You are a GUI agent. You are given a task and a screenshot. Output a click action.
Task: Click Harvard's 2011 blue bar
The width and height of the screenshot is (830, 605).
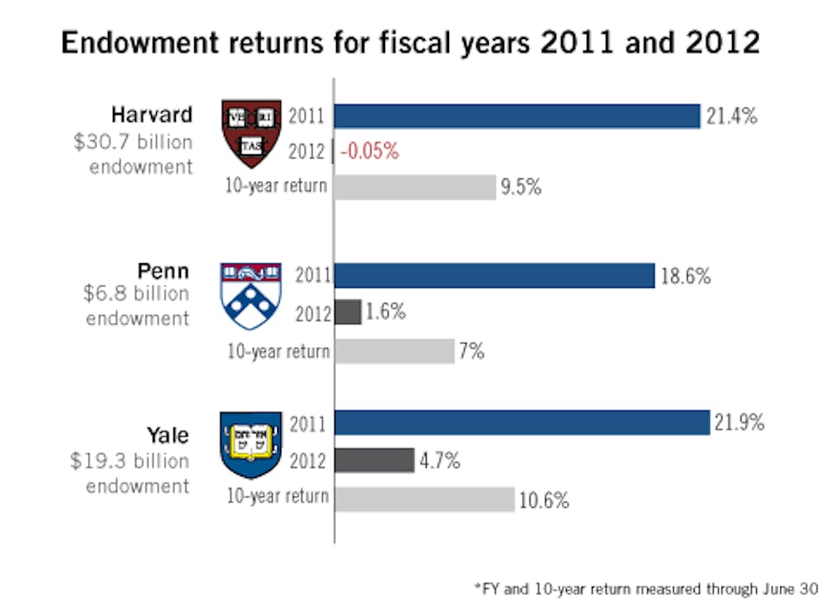click(x=517, y=116)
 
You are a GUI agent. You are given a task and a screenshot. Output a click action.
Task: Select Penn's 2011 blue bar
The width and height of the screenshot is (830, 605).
click(x=495, y=275)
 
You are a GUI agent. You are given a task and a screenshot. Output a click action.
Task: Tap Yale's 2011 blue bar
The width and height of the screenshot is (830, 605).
click(x=521, y=422)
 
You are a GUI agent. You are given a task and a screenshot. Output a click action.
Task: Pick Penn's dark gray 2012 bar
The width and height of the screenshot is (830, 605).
click(x=348, y=312)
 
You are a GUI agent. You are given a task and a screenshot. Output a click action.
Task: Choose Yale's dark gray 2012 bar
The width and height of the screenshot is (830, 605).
click(x=374, y=460)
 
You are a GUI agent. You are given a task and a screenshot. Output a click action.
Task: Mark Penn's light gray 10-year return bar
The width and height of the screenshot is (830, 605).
click(x=394, y=351)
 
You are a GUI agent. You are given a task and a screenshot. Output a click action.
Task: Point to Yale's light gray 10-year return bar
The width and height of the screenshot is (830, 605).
click(x=424, y=499)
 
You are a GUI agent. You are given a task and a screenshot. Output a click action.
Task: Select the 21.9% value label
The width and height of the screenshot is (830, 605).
click(x=739, y=423)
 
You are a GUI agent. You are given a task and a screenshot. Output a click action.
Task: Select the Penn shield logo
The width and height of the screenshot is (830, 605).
click(x=250, y=295)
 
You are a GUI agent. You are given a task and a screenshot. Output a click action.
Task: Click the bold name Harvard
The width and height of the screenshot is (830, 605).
click(x=152, y=114)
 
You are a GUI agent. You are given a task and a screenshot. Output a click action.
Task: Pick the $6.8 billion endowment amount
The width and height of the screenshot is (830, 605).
click(x=137, y=294)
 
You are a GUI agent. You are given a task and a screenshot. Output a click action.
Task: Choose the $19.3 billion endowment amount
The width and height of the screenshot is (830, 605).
click(x=129, y=461)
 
